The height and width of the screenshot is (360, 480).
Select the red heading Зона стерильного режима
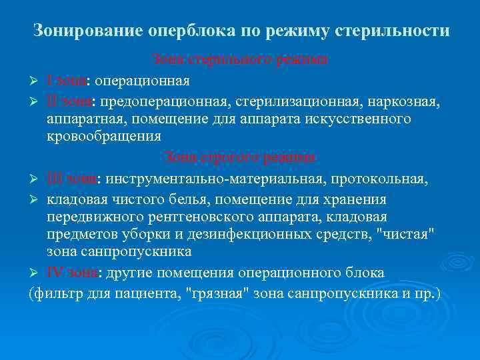tap(239, 60)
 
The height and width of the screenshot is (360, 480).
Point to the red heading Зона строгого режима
tap(239, 158)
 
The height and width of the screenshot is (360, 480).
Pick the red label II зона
tap(71, 101)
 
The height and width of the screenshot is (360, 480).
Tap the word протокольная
tap(387, 179)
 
